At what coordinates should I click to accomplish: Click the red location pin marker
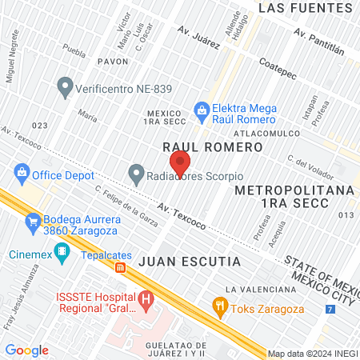point(180,162)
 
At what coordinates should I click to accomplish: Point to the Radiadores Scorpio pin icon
point(137,173)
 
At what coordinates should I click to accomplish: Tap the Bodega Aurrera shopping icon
point(34,220)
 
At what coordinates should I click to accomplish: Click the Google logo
point(26,350)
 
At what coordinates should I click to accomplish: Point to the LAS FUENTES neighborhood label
point(306,8)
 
